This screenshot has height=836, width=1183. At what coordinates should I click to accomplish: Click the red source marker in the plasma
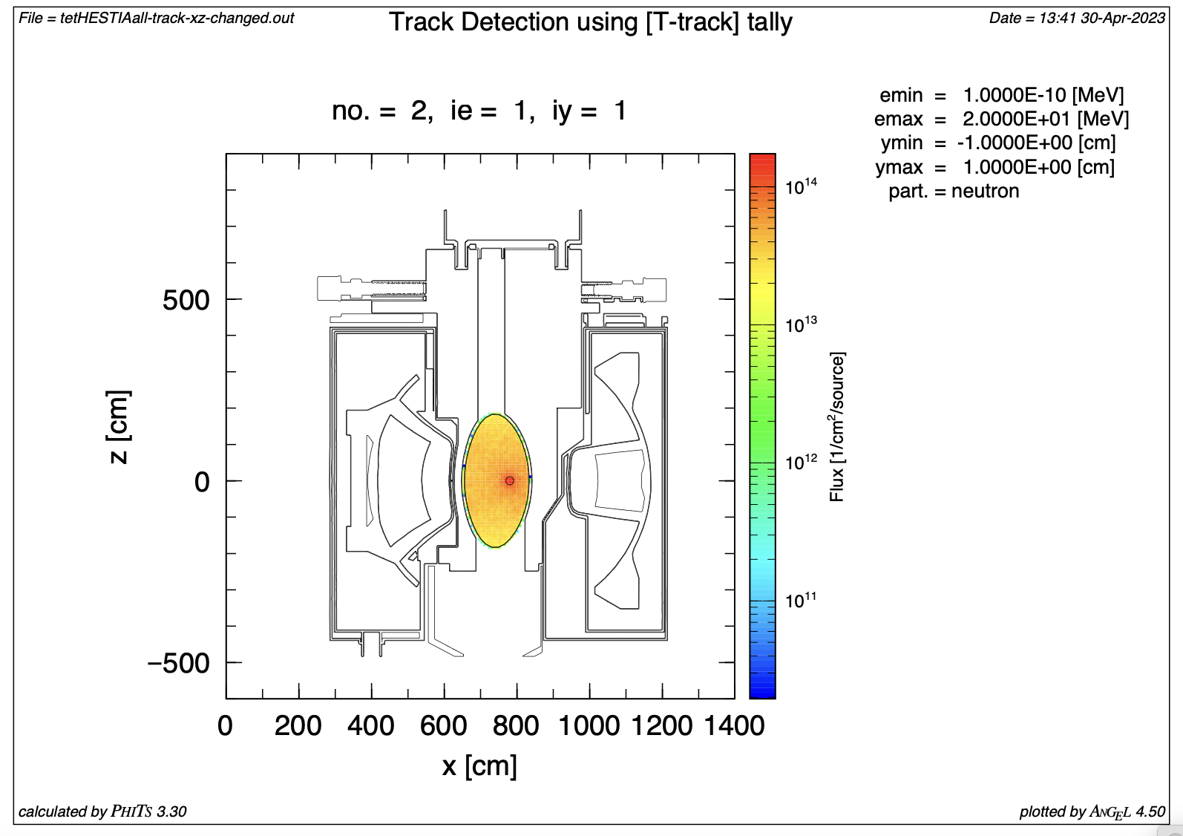[509, 481]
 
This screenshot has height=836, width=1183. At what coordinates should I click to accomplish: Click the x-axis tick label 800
[516, 725]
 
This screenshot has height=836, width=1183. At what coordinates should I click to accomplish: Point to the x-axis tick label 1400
[734, 725]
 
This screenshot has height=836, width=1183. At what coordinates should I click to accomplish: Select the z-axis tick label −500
[179, 663]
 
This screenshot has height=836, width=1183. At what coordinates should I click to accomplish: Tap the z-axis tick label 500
[186, 301]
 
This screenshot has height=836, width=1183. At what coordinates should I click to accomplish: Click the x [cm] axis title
[479, 765]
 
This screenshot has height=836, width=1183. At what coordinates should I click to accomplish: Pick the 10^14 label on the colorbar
[801, 186]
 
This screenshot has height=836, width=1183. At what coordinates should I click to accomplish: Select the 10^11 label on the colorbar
[801, 599]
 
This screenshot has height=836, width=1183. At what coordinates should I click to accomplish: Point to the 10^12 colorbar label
[801, 462]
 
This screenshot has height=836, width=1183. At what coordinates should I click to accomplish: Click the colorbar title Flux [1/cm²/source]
[837, 426]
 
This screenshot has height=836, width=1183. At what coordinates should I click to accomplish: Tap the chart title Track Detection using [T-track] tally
[590, 22]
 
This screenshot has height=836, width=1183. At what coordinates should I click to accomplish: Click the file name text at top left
[156, 18]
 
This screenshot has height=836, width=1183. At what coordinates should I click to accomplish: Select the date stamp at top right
[1077, 18]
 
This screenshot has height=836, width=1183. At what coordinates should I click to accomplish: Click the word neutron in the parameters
[985, 192]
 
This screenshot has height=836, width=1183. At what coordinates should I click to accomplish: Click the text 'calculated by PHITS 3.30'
[102, 811]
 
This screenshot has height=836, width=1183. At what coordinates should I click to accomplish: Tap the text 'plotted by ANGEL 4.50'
[1092, 811]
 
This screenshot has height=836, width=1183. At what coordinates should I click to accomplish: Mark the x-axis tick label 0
[225, 725]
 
